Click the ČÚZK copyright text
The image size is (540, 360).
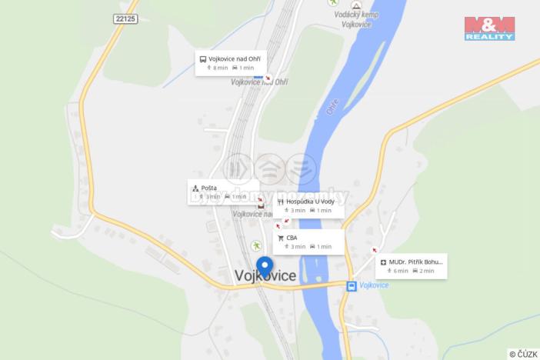click(523, 354)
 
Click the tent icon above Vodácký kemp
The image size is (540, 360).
click(355, 5)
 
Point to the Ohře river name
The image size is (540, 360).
click(332, 107)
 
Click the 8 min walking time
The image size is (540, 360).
click(217, 68)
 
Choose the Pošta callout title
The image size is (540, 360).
click(209, 188)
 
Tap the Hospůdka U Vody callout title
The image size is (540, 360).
click(311, 202)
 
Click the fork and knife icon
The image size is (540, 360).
click(281, 202)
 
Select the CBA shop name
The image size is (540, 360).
click(292, 238)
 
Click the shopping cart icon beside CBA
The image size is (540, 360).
click(281, 238)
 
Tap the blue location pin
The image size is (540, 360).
click(264, 266)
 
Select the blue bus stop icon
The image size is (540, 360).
click(352, 285)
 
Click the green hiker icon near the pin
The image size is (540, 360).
click(255, 245)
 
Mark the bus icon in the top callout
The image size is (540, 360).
click(203, 59)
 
